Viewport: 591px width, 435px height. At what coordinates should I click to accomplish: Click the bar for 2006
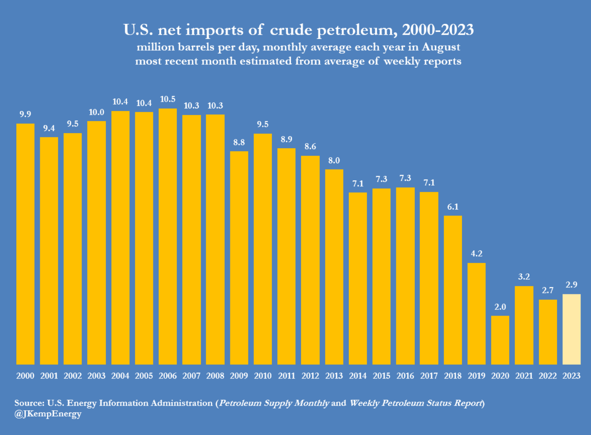tap(168, 237)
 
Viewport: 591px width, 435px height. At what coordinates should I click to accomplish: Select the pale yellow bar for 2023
tap(571, 329)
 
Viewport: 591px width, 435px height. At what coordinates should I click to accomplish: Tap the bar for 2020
tap(500, 340)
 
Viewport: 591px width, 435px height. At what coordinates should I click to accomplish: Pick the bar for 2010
tap(263, 249)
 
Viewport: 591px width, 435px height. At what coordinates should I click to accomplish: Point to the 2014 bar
tap(358, 278)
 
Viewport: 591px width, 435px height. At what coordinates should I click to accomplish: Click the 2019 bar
tap(476, 314)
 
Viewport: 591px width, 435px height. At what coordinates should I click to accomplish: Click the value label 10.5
tap(168, 99)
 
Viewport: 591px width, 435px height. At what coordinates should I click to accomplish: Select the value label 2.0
tap(500, 307)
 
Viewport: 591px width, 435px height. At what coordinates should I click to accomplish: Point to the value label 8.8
tap(239, 142)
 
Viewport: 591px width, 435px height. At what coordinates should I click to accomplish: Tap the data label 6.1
tap(453, 207)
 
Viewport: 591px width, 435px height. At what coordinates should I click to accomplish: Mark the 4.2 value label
tap(476, 254)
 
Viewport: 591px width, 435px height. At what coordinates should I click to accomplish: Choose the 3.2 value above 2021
tap(524, 277)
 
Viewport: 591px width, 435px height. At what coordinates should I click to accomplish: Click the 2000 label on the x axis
tap(25, 376)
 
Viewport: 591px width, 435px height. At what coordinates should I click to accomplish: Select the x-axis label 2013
tap(334, 376)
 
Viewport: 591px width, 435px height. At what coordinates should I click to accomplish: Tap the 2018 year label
tap(453, 376)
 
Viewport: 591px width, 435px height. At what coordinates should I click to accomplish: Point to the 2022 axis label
tap(548, 376)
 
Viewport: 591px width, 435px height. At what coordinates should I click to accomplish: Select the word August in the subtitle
tap(441, 47)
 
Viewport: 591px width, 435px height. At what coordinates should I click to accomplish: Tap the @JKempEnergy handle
tap(48, 414)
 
